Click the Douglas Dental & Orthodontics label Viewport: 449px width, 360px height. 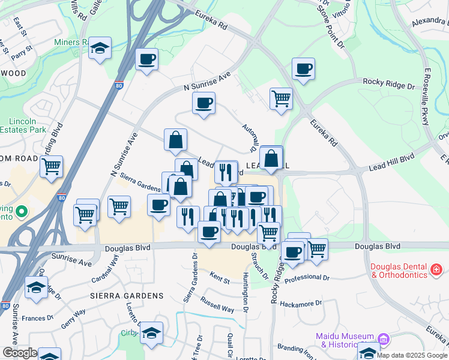[399, 271]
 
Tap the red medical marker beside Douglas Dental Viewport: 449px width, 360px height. [436, 270]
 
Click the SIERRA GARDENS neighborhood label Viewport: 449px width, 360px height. [127, 296]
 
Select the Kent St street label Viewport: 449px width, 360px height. [220, 277]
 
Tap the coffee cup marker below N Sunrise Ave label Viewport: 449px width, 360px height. [204, 103]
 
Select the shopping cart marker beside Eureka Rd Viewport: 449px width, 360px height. [281, 98]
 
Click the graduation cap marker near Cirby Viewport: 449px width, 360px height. [152, 332]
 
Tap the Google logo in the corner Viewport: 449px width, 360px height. [20, 353]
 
